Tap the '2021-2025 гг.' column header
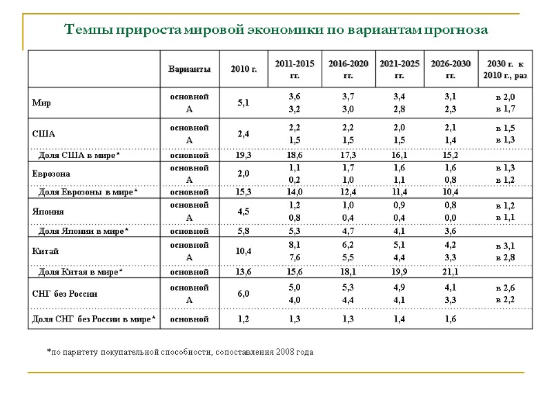tap(400, 69)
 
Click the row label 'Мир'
tap(41, 103)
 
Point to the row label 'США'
tap(43, 134)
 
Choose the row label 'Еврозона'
tap(51, 173)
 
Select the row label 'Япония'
tap(48, 212)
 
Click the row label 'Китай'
tap(46, 251)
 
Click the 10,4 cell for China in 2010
tap(243, 251)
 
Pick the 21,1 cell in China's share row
tap(450, 272)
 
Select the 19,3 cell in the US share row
tap(243, 155)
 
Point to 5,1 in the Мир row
tap(243, 103)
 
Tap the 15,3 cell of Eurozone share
tap(243, 192)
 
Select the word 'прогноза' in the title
tap(457, 30)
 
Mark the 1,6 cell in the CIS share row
tap(450, 319)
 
